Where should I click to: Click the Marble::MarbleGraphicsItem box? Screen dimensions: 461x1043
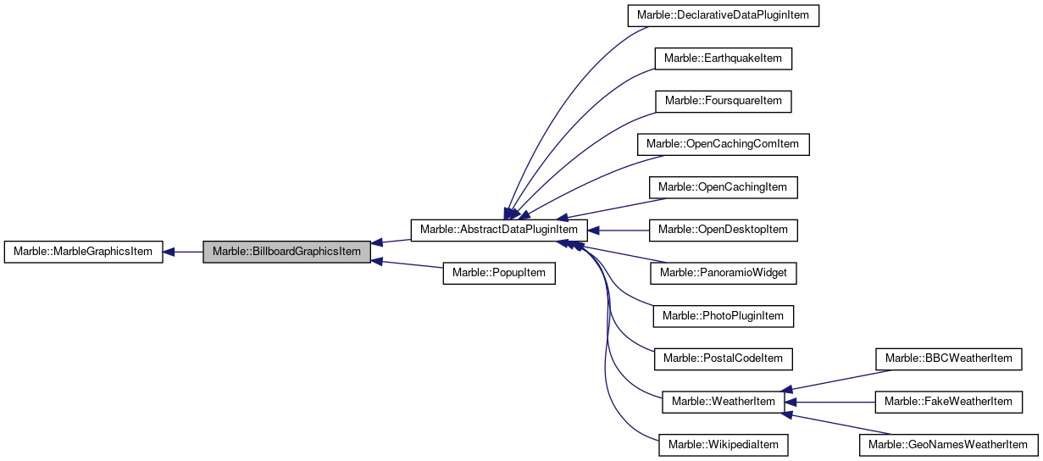click(x=83, y=252)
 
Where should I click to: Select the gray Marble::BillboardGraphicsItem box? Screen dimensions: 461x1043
click(x=286, y=252)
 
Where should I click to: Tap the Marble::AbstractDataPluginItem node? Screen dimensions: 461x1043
click(x=499, y=230)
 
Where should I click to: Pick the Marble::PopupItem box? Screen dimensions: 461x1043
click(x=499, y=273)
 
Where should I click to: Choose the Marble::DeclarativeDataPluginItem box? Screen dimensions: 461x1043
click(x=724, y=16)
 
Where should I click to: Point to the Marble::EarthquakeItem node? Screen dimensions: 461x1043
click(x=724, y=58)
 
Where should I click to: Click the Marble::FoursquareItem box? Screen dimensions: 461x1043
click(x=724, y=101)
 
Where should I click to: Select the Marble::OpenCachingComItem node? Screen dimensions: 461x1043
click(x=723, y=144)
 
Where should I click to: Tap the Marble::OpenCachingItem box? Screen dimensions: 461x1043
click(x=723, y=186)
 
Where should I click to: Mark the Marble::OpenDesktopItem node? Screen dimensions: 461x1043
click(x=723, y=230)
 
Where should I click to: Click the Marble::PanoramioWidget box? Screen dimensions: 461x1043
click(x=724, y=273)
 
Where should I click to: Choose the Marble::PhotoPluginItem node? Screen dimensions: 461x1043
click(x=724, y=315)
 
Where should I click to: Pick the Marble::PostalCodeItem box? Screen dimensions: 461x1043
click(x=723, y=358)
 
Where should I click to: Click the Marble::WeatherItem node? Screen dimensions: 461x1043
click(x=723, y=401)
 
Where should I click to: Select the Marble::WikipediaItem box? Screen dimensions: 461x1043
click(x=724, y=444)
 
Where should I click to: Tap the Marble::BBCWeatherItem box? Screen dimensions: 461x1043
click(x=949, y=358)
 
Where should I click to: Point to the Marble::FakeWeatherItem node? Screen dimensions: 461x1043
click(x=949, y=401)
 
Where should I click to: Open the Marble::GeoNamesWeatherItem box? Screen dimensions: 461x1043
click(x=949, y=444)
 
